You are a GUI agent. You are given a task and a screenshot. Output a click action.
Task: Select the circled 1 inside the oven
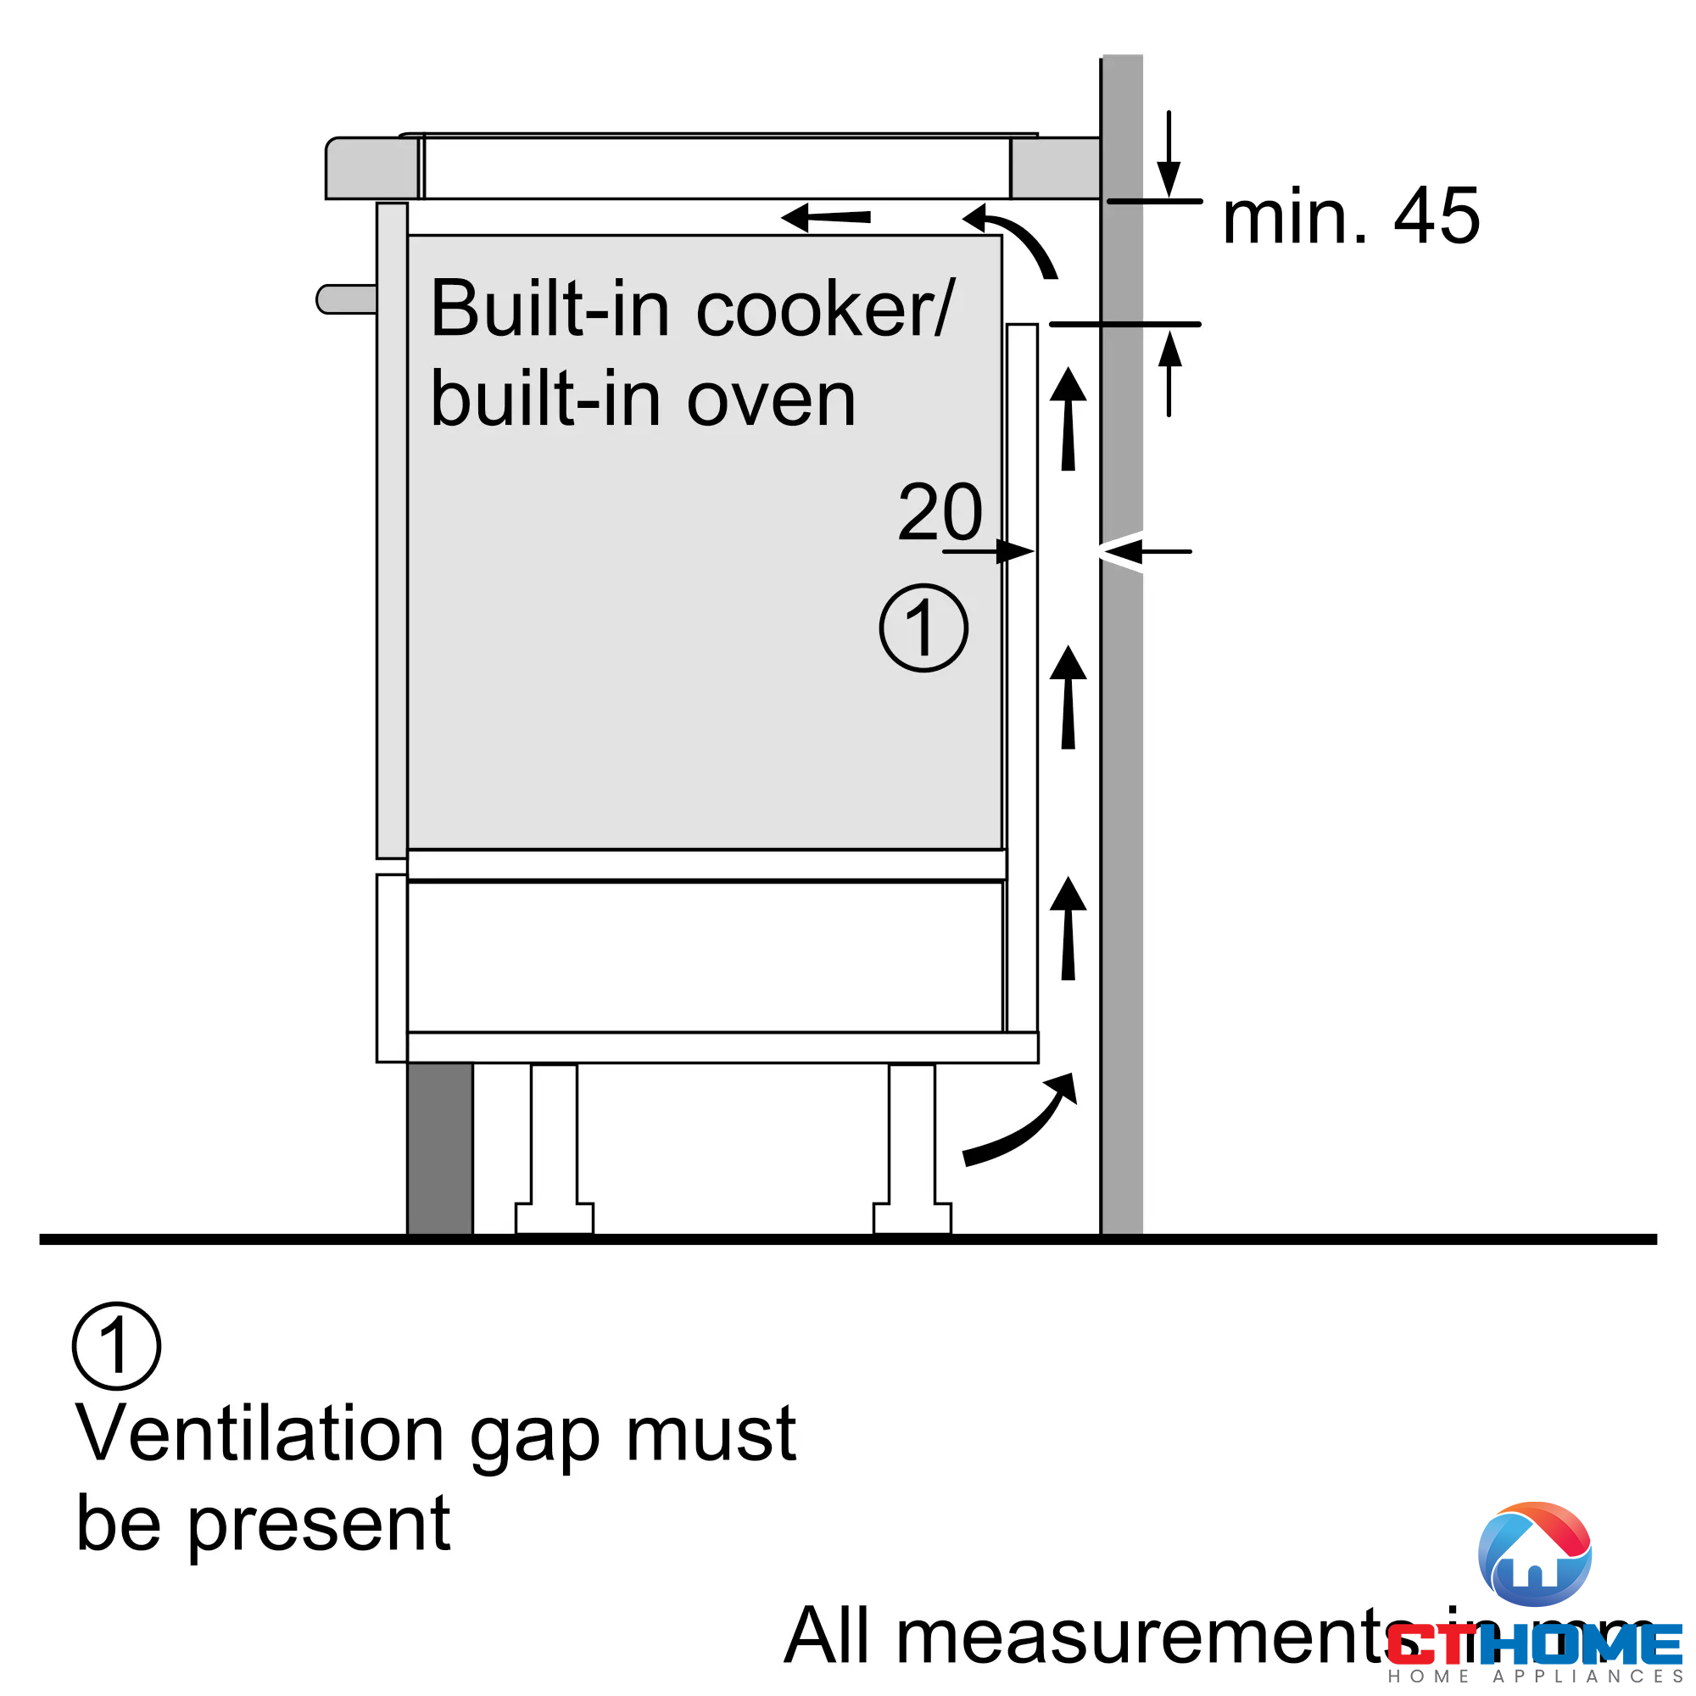(x=923, y=628)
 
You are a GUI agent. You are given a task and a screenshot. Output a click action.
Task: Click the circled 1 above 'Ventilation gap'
(x=116, y=1345)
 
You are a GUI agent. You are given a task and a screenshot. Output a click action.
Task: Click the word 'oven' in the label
(x=770, y=400)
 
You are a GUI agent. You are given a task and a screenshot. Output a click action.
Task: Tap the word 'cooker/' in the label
(x=824, y=310)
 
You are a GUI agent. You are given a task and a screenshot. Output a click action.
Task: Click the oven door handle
(x=345, y=298)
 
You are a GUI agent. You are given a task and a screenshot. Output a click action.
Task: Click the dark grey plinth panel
(x=440, y=1147)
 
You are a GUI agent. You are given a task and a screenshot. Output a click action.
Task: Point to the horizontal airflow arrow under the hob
(x=825, y=217)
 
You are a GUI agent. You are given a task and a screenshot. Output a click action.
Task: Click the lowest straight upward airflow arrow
(x=1068, y=929)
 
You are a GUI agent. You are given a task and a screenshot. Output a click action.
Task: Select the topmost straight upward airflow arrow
(x=1068, y=420)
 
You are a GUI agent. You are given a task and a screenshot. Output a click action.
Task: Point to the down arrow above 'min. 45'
(x=1169, y=156)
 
